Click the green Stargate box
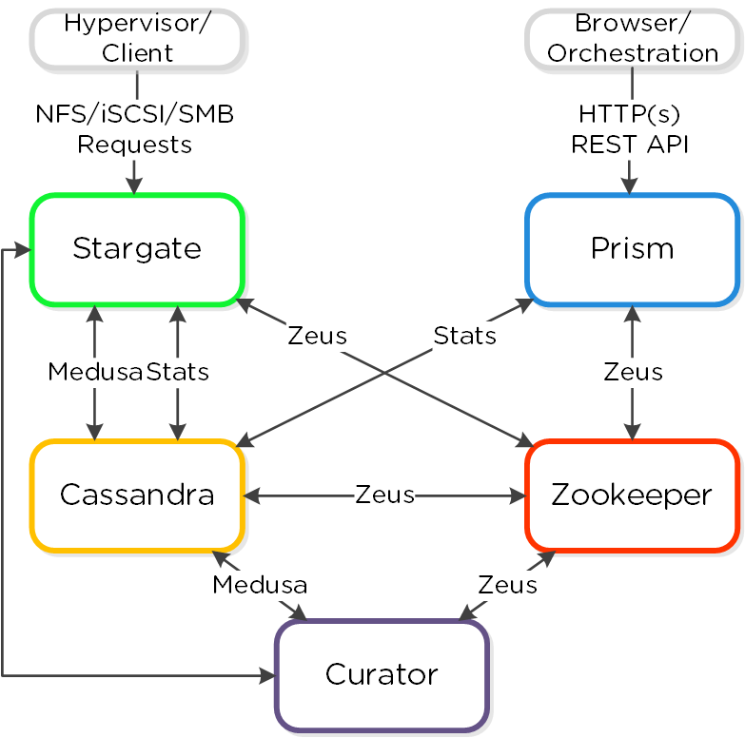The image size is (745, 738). (137, 250)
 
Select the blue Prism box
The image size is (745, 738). (632, 250)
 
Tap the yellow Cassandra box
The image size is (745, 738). (137, 495)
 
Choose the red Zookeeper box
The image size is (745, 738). (632, 495)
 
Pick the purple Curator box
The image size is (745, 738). (382, 675)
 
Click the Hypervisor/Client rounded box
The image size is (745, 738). (137, 38)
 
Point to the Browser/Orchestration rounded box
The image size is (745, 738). (633, 38)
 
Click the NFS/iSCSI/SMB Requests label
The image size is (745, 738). (134, 129)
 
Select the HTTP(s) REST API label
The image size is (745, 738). (629, 129)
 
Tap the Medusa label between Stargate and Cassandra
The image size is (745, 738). (95, 372)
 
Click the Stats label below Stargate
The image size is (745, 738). (177, 372)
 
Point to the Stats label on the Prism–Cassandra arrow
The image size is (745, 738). (464, 336)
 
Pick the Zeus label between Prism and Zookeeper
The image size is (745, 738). (633, 372)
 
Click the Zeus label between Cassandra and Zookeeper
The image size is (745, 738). (384, 495)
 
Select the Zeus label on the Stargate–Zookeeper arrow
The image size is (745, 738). (317, 336)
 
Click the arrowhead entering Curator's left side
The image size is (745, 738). (268, 676)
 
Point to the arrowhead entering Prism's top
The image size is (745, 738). (629, 188)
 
